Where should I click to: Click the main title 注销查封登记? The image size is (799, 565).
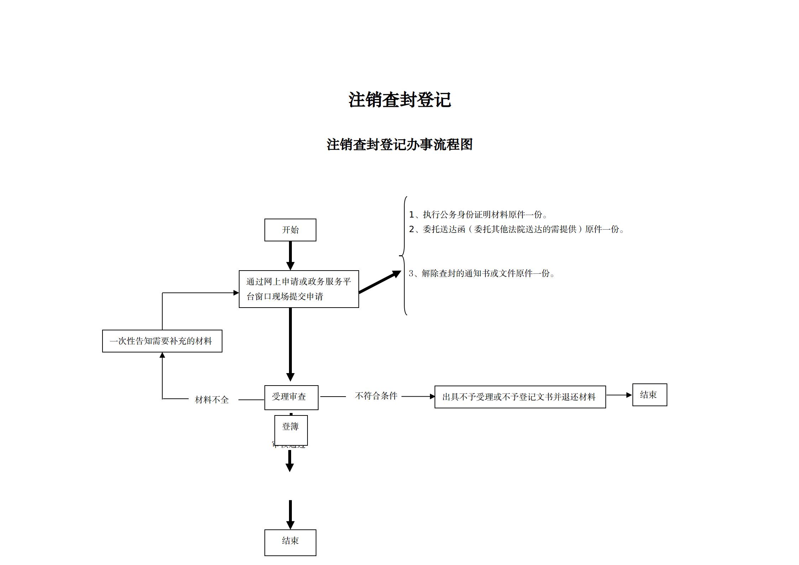coord(399,100)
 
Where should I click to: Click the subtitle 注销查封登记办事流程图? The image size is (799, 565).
coord(399,145)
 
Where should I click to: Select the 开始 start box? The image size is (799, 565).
coord(290,230)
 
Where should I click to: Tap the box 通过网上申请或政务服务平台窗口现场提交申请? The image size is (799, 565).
coord(299,289)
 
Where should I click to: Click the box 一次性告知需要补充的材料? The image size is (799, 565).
coord(162,341)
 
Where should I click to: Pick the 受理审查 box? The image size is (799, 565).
coord(291,397)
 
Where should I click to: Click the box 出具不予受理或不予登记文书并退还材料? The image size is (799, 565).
coord(520,397)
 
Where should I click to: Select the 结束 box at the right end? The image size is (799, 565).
coord(649,395)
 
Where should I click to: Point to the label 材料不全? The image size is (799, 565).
coord(212,400)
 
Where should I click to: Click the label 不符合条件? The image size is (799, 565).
coord(376,396)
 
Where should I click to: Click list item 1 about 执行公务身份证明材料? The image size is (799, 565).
coord(478,215)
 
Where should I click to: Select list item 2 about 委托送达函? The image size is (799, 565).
coord(516,229)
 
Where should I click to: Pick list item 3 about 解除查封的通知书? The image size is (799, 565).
coord(481,273)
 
